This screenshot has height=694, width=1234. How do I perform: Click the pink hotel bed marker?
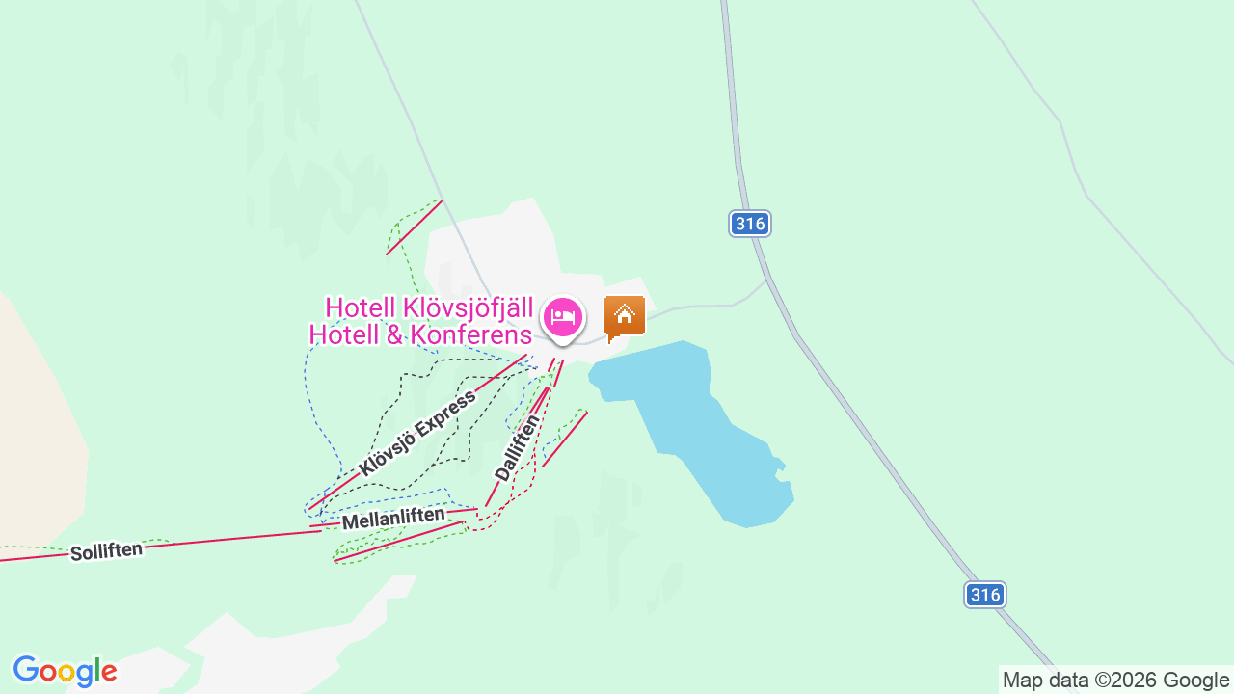pos(563,317)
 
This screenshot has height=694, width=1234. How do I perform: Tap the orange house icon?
pos(624,316)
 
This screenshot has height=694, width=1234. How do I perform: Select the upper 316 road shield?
pos(749,225)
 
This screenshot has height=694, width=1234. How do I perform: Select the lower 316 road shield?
pos(985,595)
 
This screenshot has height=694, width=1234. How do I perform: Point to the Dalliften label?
pos(517,447)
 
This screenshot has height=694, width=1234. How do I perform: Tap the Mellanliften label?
pos(393,519)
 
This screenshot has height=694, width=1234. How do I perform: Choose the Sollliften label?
pos(106,551)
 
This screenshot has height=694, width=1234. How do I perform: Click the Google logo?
pos(65,672)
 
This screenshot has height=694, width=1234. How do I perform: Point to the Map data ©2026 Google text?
pos(1115,680)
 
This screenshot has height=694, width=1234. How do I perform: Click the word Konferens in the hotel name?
pos(471,335)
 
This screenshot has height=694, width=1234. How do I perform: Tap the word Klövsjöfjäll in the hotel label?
pos(468,307)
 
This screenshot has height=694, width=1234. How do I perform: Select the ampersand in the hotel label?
pos(395,335)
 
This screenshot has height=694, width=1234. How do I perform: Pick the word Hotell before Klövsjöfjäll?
pos(360,307)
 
